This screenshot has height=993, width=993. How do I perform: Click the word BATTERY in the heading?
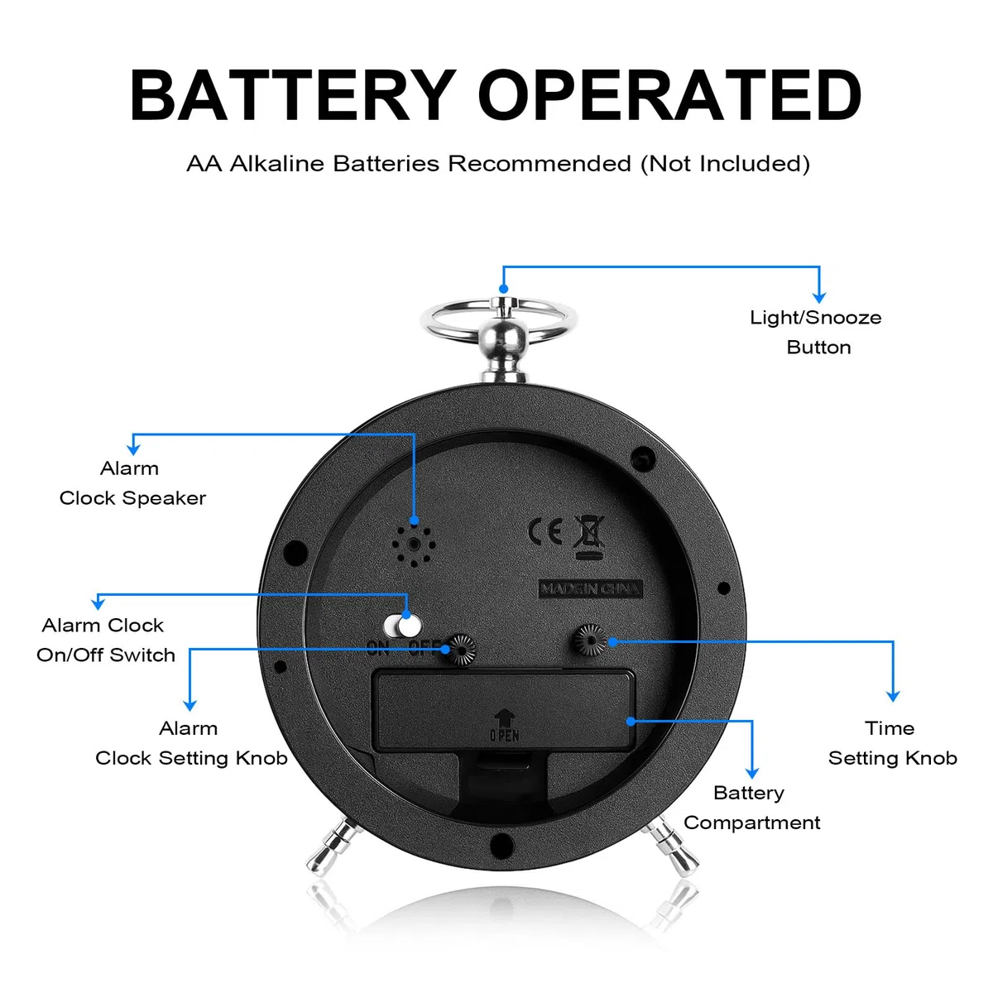point(293,95)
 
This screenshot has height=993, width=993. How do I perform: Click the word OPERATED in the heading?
point(669,95)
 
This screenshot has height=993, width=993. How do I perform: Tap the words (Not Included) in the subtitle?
point(725,164)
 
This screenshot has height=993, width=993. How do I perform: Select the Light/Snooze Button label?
point(816,333)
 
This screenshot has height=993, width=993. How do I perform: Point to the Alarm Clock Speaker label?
point(132,483)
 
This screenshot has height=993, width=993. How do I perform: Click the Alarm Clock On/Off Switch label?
point(106,640)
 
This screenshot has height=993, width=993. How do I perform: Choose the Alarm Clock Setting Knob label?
point(191,743)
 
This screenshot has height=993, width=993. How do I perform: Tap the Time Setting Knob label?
point(893,743)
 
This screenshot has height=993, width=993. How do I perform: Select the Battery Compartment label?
point(752,808)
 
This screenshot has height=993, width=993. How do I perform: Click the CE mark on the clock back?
point(545,531)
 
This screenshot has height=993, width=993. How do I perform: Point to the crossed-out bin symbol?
point(588,536)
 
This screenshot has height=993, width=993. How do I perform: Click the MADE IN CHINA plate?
point(591,588)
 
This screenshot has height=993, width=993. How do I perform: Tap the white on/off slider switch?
point(402,626)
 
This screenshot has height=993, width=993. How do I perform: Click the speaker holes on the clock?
point(414,545)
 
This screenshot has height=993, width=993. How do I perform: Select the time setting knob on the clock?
point(591,640)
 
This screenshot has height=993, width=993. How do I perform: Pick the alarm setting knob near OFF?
point(459,649)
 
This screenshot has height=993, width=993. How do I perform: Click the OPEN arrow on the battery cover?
point(505,717)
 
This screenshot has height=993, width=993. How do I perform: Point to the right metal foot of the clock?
point(672,847)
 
